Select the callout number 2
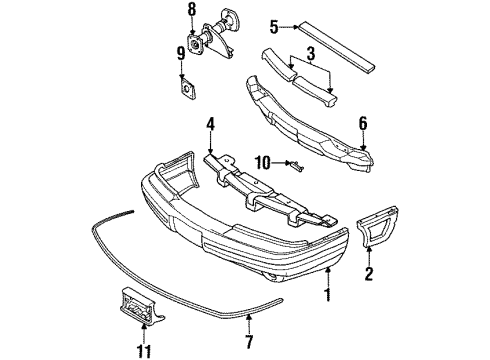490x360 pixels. point(369,272)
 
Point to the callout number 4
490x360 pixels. point(211,126)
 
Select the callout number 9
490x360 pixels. point(181,53)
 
